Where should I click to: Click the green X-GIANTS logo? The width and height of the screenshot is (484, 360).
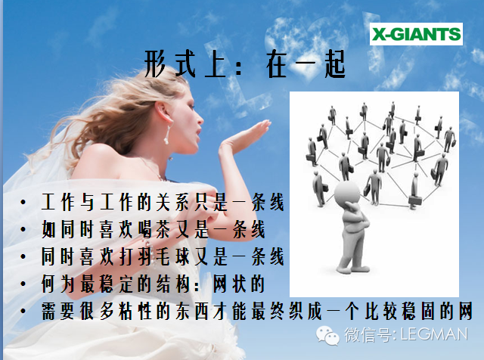416,34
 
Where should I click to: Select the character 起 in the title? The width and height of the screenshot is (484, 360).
335,64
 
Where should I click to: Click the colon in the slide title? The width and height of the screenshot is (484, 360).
239,67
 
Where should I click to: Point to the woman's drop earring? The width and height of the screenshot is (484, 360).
167,135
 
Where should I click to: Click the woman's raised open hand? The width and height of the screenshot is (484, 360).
244,137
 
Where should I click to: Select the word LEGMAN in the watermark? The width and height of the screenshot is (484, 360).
434,334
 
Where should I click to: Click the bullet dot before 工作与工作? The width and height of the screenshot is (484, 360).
23,203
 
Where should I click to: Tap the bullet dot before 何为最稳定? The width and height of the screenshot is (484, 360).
23,284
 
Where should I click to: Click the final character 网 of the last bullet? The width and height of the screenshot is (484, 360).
465,311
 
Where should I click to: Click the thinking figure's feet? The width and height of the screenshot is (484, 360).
352,268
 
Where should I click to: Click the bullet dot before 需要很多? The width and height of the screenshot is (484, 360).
23,311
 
